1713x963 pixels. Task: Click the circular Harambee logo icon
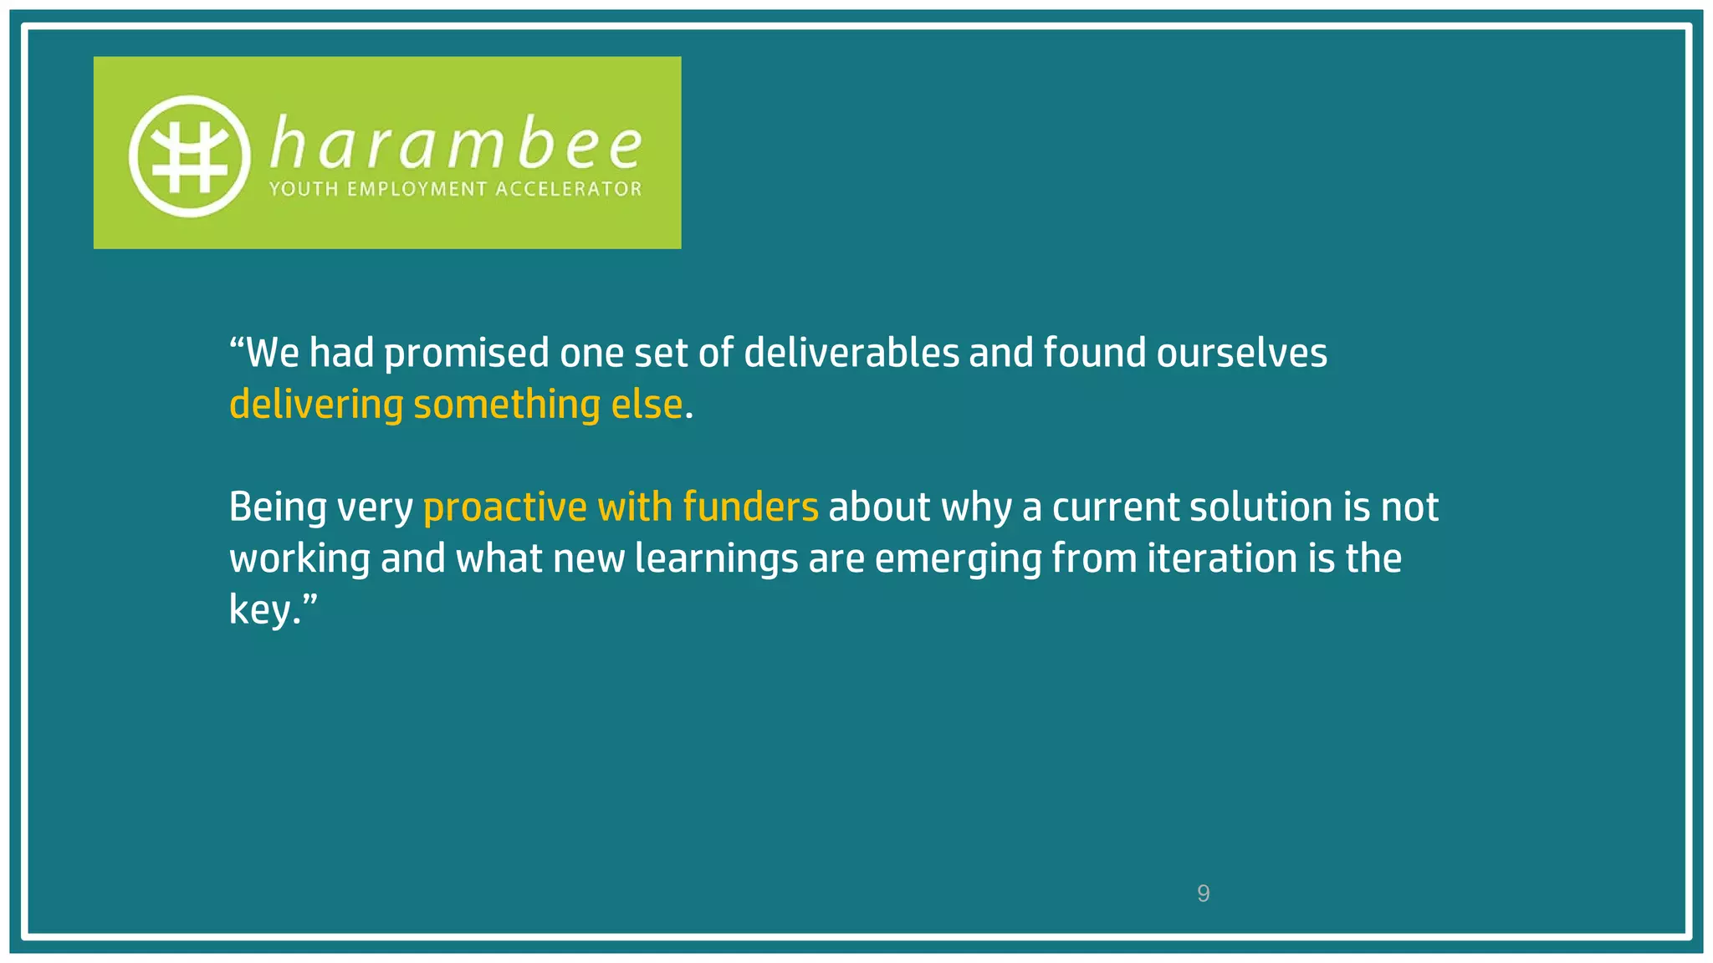click(190, 156)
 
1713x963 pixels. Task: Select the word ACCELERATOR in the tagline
click(569, 189)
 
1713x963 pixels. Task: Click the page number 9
click(1203, 894)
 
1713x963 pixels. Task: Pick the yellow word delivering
click(316, 405)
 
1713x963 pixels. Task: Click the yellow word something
click(507, 405)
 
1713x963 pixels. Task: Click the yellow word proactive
click(505, 507)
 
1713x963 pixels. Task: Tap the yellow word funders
click(749, 507)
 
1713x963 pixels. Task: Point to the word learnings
click(716, 559)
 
